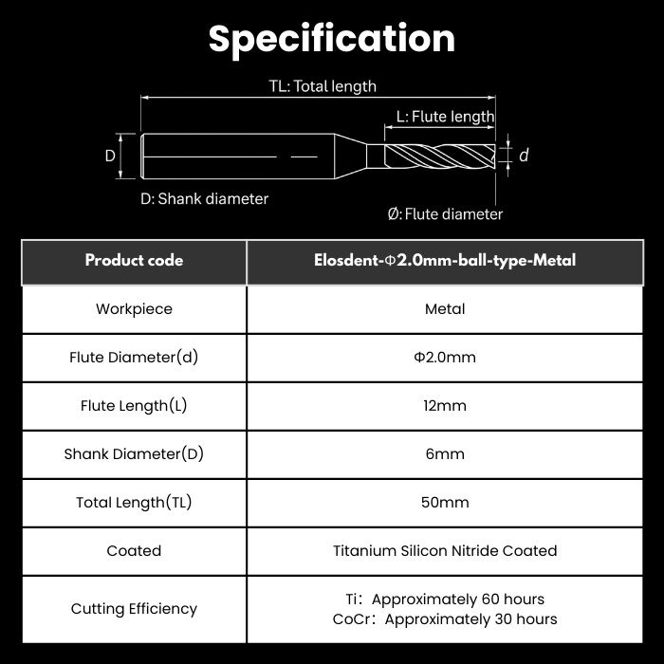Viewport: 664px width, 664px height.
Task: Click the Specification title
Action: pos(332,40)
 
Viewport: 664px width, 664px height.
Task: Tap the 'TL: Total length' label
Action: pos(323,86)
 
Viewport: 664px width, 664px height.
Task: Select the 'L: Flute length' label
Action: pos(445,117)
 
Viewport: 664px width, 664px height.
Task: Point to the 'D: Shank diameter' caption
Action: pos(205,198)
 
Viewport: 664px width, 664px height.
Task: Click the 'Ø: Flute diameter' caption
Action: pos(445,213)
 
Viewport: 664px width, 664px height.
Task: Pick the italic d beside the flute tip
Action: pos(524,155)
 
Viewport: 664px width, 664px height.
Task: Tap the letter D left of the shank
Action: pos(110,156)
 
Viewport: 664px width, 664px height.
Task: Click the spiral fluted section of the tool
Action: pos(439,156)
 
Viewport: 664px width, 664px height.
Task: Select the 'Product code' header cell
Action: pos(134,261)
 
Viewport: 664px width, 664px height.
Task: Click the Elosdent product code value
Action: pos(445,261)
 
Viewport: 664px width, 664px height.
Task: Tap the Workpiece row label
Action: pos(134,309)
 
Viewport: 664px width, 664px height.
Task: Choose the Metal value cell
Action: pos(445,309)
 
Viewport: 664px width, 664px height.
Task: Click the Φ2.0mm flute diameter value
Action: pos(445,358)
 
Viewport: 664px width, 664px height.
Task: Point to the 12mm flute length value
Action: pos(445,406)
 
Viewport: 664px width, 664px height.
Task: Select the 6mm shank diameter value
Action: pos(445,454)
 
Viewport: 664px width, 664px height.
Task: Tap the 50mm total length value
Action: pos(445,502)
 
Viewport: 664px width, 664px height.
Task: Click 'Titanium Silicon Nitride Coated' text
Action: pos(445,551)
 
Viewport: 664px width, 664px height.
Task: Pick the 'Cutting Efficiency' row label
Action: pos(134,609)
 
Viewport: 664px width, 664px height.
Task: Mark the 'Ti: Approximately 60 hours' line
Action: pos(445,599)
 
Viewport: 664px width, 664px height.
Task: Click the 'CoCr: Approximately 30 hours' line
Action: pos(445,619)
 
